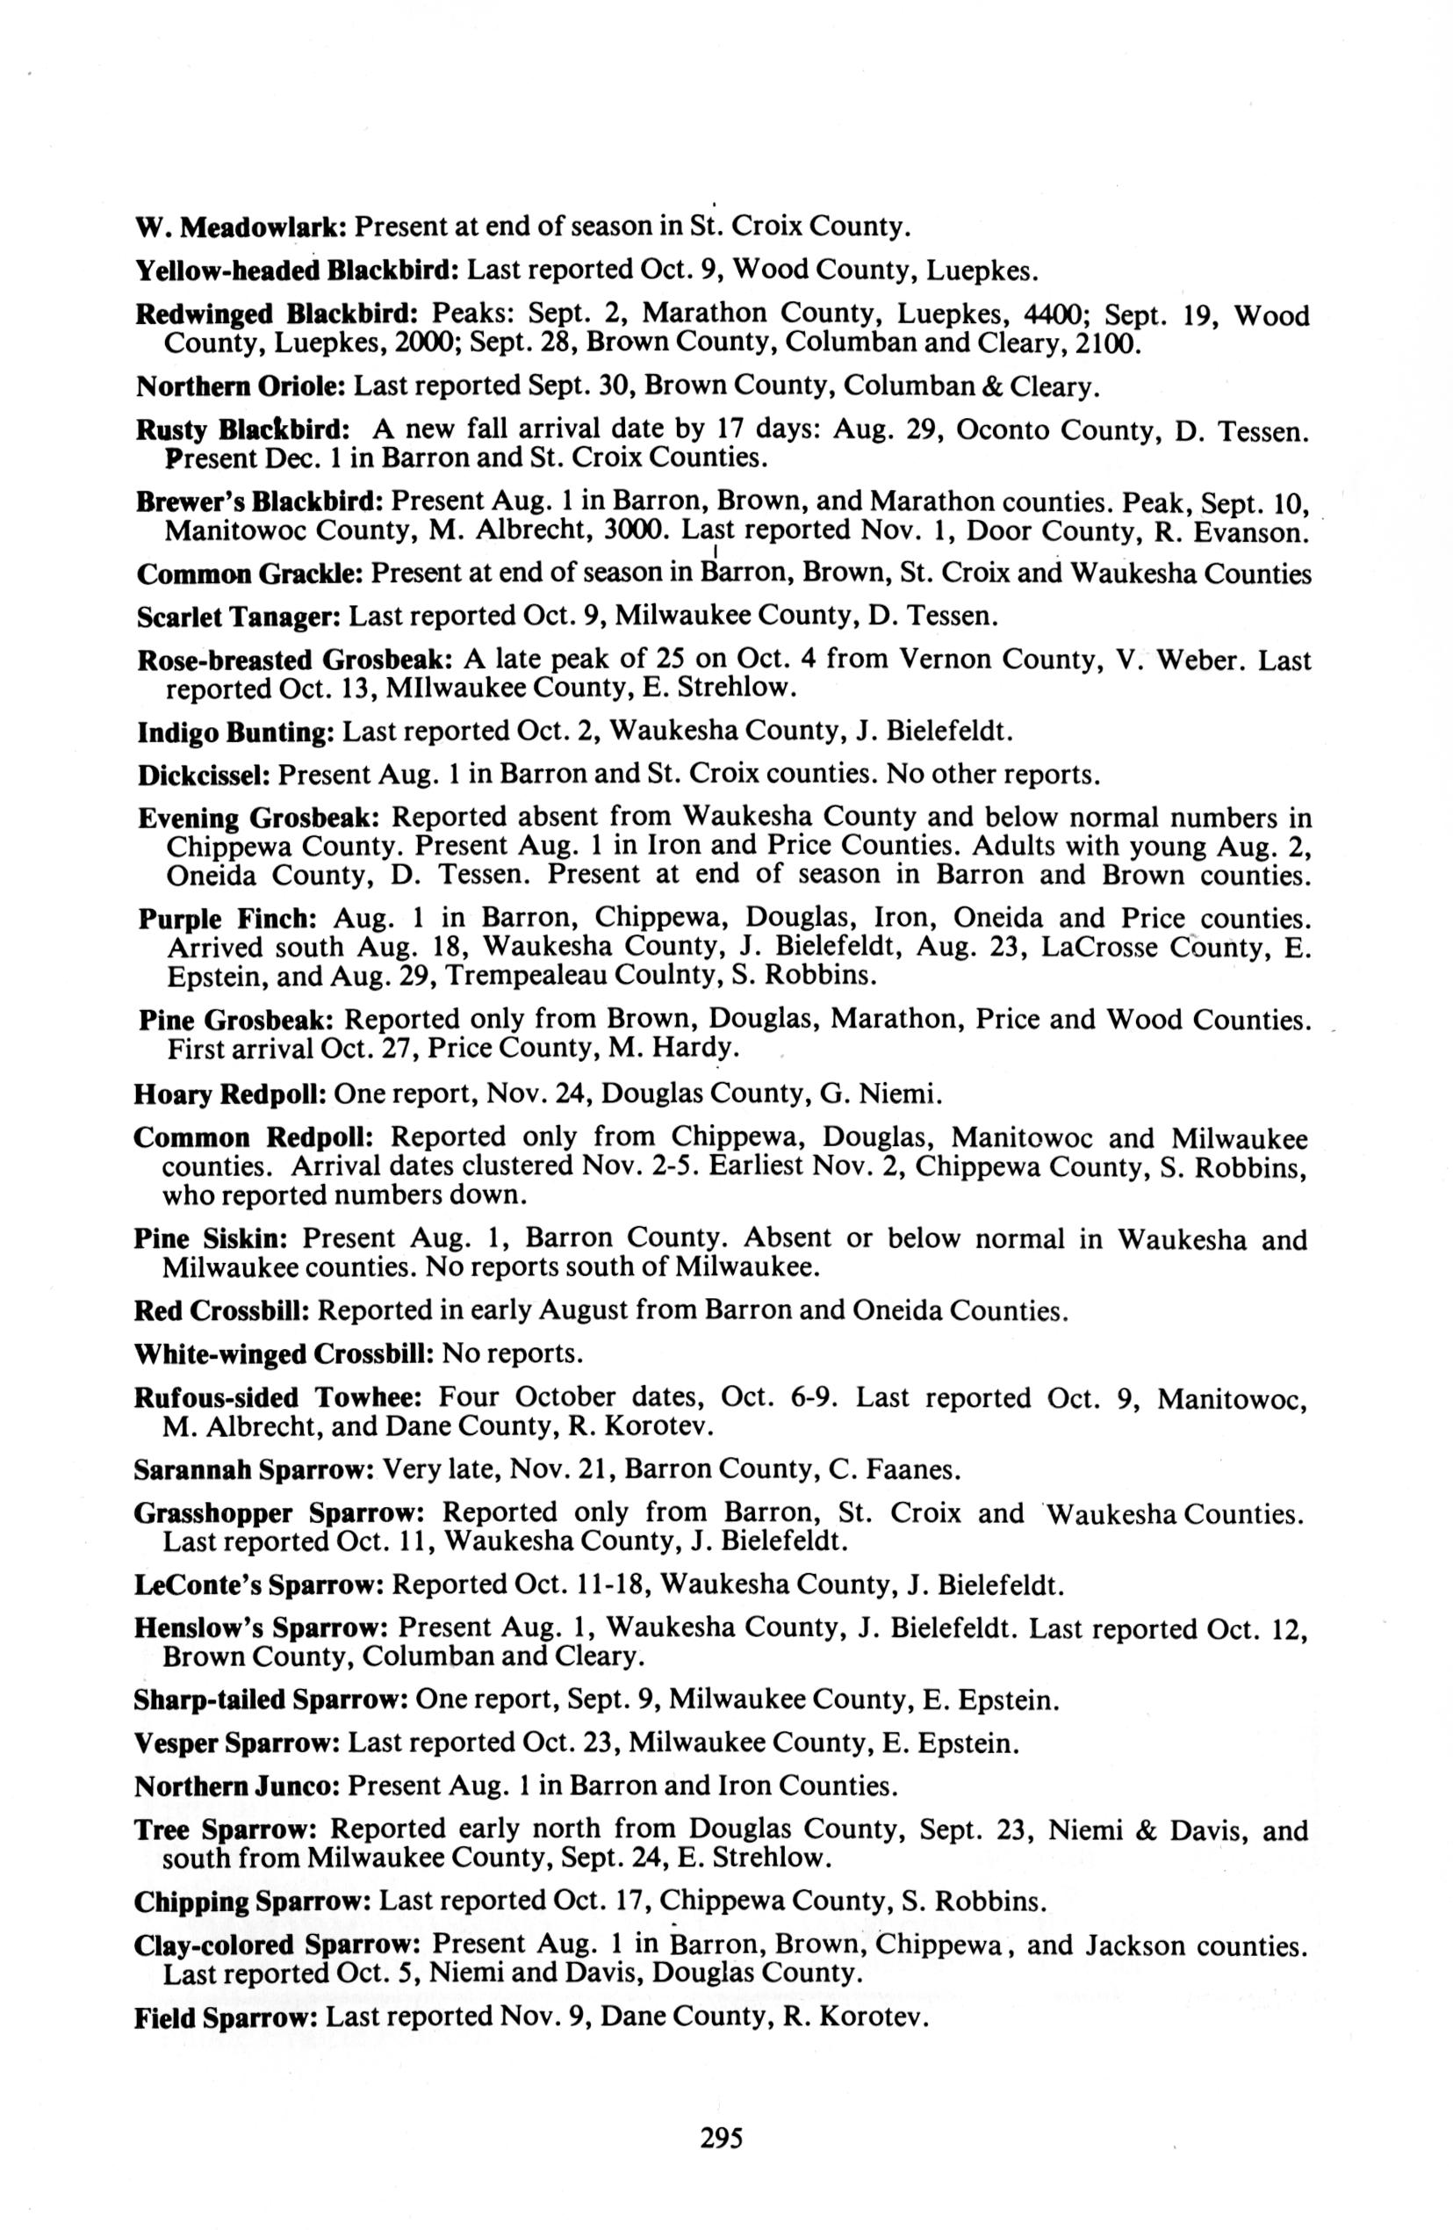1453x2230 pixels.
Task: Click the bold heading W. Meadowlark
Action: point(242,227)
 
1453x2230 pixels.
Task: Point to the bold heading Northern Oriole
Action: point(241,386)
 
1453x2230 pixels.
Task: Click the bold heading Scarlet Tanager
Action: point(239,617)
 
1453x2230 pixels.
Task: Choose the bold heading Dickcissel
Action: point(205,776)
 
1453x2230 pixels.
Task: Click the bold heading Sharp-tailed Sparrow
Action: point(270,1700)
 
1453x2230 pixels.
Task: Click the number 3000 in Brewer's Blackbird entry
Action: point(637,531)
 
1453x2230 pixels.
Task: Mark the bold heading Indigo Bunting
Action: point(236,732)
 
